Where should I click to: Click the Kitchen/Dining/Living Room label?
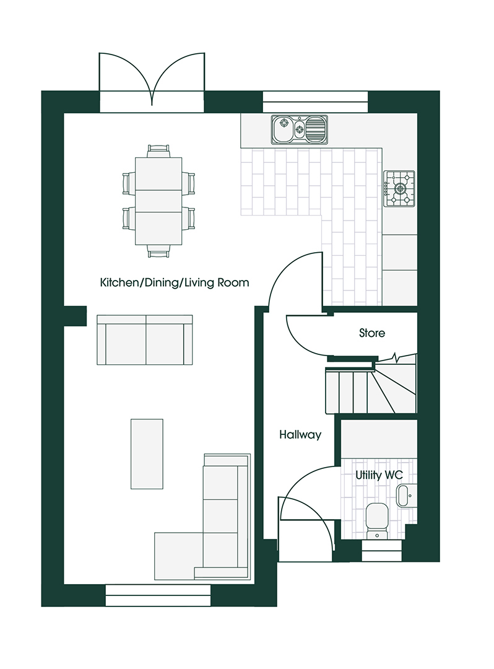coord(175,283)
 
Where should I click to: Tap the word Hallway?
coord(300,435)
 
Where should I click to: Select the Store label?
coord(372,333)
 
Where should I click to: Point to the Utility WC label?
coord(379,475)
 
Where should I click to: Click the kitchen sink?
coord(300,129)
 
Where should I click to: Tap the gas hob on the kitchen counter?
coord(400,188)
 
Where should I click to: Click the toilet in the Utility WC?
coord(376,519)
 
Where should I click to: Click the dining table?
coord(158,201)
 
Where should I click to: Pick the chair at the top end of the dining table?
coord(158,151)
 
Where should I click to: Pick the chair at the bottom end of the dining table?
coord(158,251)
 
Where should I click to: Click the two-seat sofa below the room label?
coord(145,340)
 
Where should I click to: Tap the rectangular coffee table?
coord(147,453)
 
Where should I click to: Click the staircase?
coord(370,390)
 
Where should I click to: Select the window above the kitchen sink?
coord(315,102)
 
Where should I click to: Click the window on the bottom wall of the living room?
coord(158,595)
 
